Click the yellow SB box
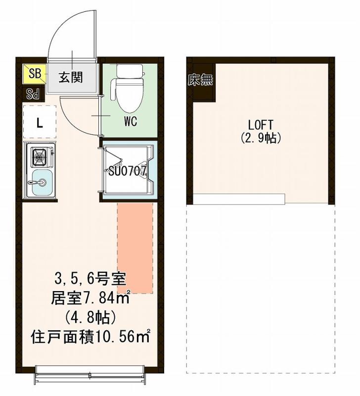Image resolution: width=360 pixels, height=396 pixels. (34, 74)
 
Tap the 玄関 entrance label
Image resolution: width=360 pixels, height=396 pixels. (71, 77)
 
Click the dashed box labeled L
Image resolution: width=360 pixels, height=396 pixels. (40, 122)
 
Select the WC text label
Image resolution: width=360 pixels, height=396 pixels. (131, 120)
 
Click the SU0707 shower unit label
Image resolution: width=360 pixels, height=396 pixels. (127, 171)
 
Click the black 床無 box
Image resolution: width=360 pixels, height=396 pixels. (200, 80)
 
